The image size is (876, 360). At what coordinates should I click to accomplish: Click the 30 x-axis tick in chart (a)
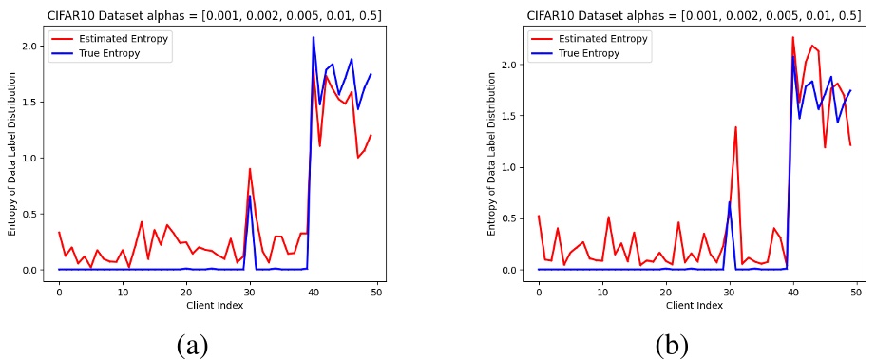[250, 292]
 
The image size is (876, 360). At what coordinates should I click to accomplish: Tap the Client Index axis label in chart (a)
[218, 305]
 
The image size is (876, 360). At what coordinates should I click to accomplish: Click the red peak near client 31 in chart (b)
[735, 127]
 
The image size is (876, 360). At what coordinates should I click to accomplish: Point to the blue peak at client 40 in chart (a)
[314, 38]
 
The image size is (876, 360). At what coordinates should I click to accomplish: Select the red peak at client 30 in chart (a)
[250, 169]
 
